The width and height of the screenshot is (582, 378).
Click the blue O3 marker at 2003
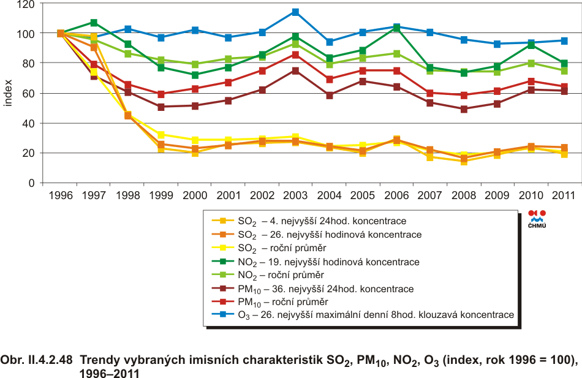click(295, 12)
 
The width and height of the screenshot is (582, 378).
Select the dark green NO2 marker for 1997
click(94, 23)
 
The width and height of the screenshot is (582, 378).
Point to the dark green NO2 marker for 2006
click(396, 28)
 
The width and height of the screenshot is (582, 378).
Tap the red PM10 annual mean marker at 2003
click(295, 55)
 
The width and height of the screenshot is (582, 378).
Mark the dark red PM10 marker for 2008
click(464, 109)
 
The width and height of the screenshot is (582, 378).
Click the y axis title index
click(8, 93)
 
